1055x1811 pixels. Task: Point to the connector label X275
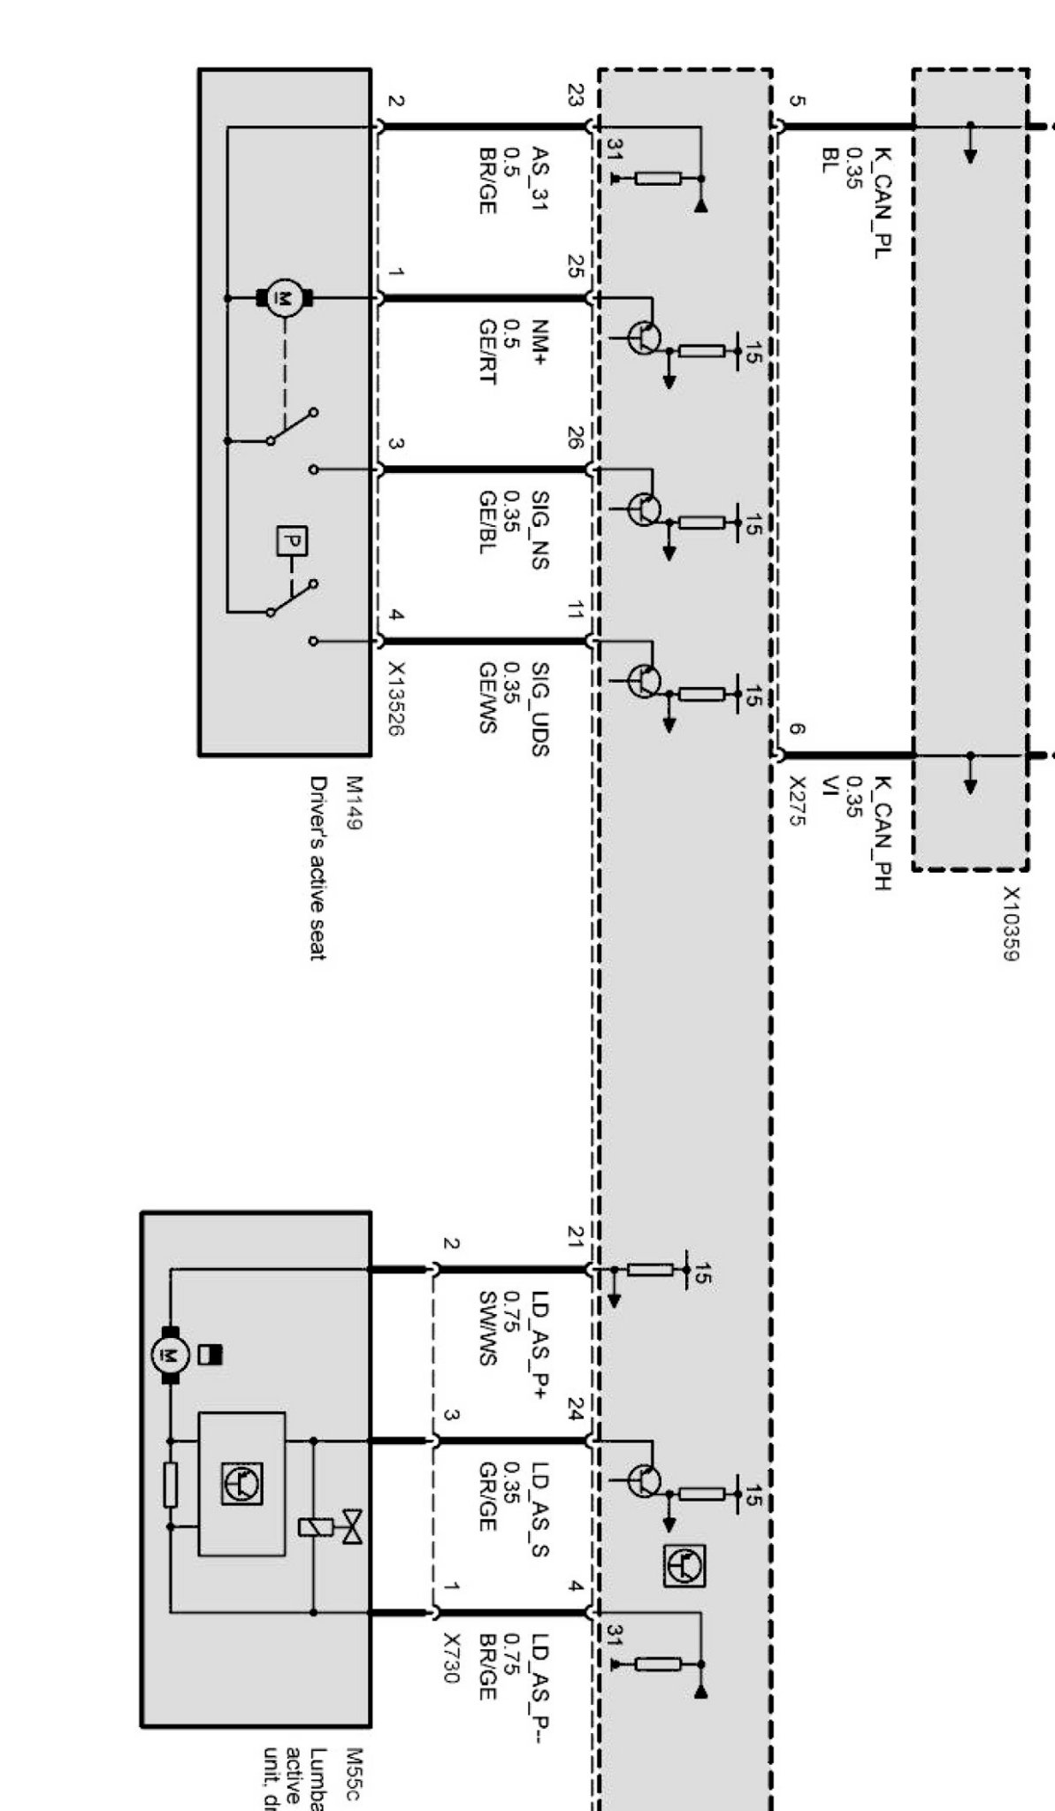798,801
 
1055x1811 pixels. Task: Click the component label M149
354,803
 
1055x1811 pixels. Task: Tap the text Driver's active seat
317,867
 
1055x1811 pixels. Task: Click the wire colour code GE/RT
486,352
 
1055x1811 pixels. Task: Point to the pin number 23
576,95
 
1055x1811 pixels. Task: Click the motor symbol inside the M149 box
284,298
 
